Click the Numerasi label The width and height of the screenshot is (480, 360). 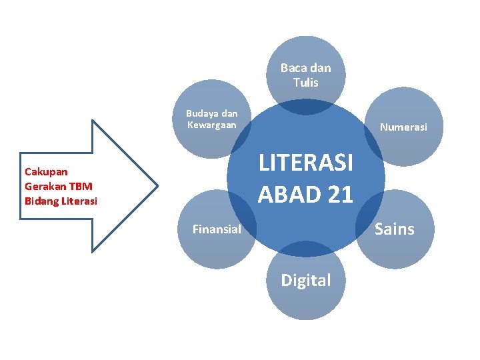[403, 127]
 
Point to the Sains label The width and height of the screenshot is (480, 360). [395, 229]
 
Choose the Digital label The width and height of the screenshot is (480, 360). [306, 281]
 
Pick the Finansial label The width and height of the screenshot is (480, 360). [217, 229]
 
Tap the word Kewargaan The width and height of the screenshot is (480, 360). [212, 125]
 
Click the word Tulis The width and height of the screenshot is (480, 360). [306, 83]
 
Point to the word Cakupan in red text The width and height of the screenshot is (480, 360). [46, 171]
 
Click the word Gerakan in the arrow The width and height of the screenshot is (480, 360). [45, 186]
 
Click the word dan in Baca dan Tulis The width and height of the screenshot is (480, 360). [320, 68]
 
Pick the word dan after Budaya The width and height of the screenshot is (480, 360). [229, 113]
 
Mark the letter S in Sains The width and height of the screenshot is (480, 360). [379, 229]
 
